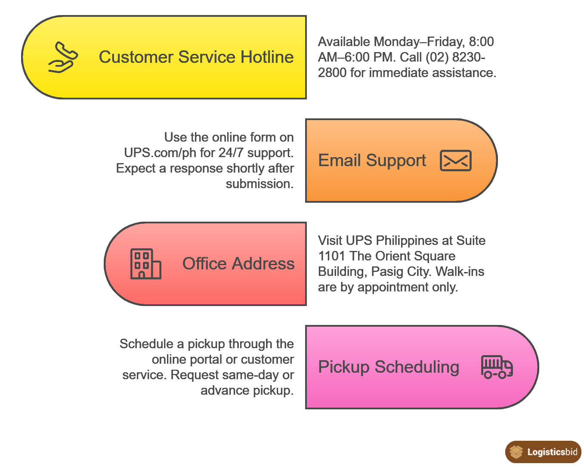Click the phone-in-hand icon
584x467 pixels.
pyautogui.click(x=63, y=57)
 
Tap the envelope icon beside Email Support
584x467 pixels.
pyautogui.click(x=455, y=161)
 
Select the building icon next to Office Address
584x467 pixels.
pyautogui.click(x=145, y=264)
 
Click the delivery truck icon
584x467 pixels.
pyautogui.click(x=497, y=367)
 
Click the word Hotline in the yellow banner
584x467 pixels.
pyautogui.click(x=267, y=57)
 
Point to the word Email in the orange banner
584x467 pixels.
pyautogui.click(x=340, y=161)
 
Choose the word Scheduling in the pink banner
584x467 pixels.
pyautogui.click(x=417, y=367)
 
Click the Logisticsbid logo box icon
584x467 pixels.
pyautogui.click(x=516, y=452)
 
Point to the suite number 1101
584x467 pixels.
pyautogui.click(x=332, y=256)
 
